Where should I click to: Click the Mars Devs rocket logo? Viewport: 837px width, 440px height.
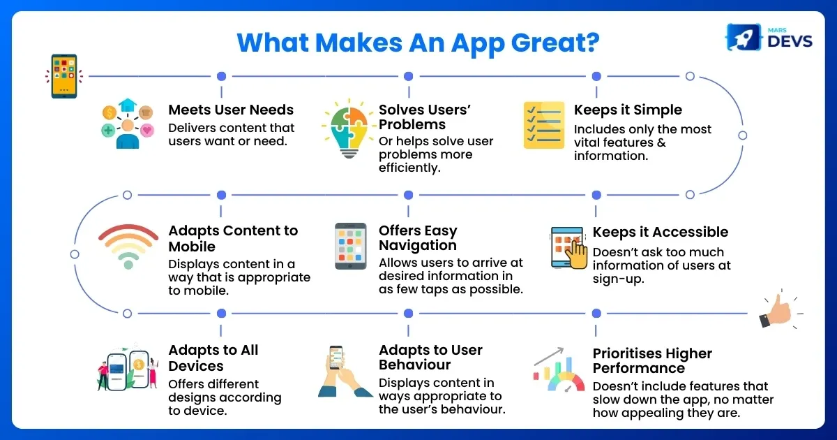pos(744,37)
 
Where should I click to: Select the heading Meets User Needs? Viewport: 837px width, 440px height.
pos(231,110)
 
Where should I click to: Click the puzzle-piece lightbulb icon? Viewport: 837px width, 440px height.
pos(348,129)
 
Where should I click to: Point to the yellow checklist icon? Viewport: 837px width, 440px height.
pos(543,125)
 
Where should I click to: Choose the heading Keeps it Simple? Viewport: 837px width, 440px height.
pos(628,110)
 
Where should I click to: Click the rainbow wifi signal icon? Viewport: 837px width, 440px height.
pos(128,246)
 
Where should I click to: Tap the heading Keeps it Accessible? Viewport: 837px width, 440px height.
pos(661,232)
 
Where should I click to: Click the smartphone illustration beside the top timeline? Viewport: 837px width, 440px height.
pos(64,76)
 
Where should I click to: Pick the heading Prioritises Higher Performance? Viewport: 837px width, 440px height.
pos(652,360)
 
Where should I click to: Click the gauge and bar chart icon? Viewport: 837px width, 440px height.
pos(559,369)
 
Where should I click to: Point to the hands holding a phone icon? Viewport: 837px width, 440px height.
pos(345,371)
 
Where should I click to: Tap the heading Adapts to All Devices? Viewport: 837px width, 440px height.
pos(213,358)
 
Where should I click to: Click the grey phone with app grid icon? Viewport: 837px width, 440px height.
pos(350,246)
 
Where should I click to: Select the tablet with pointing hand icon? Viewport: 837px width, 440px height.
pos(568,248)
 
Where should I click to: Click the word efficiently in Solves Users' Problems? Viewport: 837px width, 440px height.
pos(409,168)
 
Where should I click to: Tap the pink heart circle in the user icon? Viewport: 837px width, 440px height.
pos(147,130)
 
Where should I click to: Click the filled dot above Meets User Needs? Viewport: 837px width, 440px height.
pos(222,76)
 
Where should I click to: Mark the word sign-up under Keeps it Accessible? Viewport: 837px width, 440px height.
pos(619,279)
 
